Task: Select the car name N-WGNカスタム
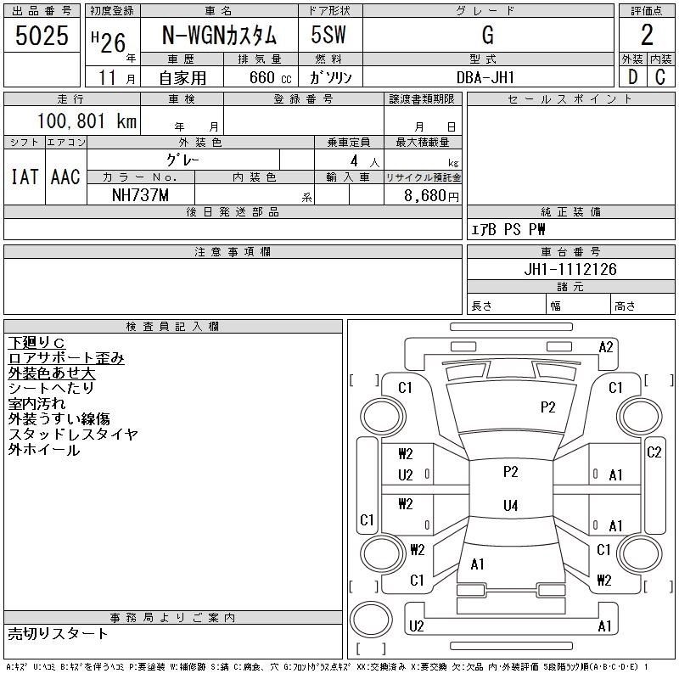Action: [x=220, y=36]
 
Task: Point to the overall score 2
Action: [x=647, y=36]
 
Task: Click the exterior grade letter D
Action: [x=632, y=77]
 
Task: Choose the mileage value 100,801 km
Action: [x=87, y=121]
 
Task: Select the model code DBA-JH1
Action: [x=486, y=77]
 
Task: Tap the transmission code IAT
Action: [x=25, y=177]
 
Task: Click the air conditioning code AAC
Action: [x=65, y=177]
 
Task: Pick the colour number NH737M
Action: [x=141, y=194]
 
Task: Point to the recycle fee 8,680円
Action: [x=433, y=195]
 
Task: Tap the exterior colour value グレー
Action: [x=183, y=160]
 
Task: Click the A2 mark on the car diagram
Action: [x=606, y=346]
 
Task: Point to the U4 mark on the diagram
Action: [x=510, y=506]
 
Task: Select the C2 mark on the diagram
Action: [x=654, y=452]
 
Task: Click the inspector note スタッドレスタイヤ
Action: [x=73, y=435]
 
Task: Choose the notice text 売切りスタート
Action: [x=59, y=633]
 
